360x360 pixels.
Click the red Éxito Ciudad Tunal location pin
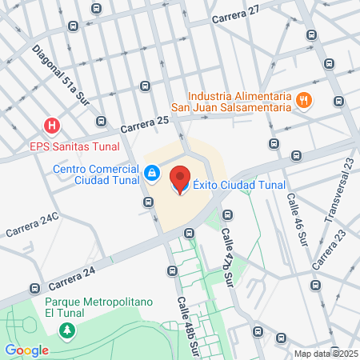(180, 179)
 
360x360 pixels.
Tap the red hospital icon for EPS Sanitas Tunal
(52, 126)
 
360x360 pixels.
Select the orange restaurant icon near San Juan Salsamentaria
(303, 100)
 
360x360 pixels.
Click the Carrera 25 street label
(145, 124)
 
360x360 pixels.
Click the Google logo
(26, 350)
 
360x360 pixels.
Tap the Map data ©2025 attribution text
(326, 354)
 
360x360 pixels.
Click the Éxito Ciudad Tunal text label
(228, 186)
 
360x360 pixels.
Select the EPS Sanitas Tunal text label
(74, 146)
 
